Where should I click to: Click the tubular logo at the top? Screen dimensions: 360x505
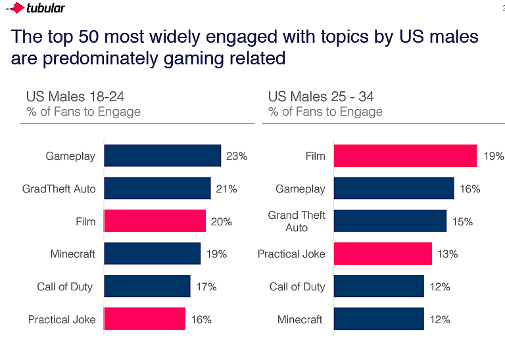[x=36, y=9]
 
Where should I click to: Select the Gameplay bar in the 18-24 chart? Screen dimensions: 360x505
[x=162, y=156]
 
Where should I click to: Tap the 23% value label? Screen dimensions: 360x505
[x=236, y=156]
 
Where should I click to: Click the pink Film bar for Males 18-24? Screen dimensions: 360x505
[x=155, y=221]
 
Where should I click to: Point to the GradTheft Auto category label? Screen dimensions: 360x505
[x=59, y=189]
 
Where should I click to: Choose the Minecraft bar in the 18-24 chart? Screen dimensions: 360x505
[x=152, y=254]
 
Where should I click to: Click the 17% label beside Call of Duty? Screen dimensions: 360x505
[x=206, y=286]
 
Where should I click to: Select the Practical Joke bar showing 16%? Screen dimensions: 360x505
[x=145, y=319]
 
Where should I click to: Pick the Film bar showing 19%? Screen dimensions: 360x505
[x=405, y=156]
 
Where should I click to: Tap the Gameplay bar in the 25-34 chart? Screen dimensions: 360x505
[x=393, y=189]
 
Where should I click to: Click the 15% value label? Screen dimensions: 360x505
[x=462, y=221]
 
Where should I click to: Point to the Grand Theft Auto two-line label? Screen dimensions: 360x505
[x=297, y=221]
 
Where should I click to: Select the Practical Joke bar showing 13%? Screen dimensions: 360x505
[x=383, y=254]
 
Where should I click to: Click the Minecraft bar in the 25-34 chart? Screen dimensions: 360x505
[x=379, y=319]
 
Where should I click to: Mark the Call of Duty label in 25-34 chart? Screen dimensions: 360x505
[x=297, y=286]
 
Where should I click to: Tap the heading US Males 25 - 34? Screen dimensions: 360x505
[x=321, y=97]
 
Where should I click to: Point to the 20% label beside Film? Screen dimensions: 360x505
[x=221, y=222]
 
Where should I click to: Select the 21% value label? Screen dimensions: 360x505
[x=226, y=189]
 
